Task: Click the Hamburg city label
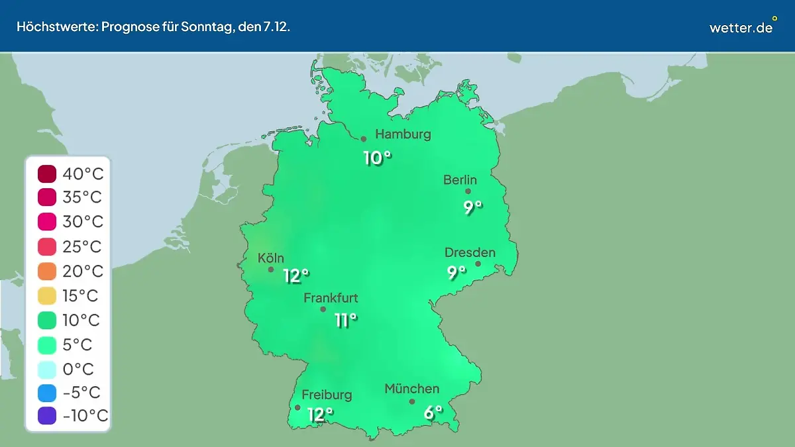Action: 403,134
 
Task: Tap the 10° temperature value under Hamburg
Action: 377,158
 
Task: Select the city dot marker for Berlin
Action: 468,191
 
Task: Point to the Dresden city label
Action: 470,252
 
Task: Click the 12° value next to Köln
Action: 296,275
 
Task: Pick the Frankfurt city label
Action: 331,298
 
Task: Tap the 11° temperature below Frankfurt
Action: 346,321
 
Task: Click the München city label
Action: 411,389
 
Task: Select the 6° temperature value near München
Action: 433,413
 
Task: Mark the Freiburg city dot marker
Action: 297,408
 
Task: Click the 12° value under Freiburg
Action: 320,415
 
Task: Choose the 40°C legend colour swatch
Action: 47,174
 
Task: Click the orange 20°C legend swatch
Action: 47,272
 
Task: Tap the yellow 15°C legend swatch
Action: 47,296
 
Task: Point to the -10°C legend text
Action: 85,416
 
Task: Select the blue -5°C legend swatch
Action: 47,393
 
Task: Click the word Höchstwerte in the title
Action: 56,27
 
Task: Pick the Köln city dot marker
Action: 271,270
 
